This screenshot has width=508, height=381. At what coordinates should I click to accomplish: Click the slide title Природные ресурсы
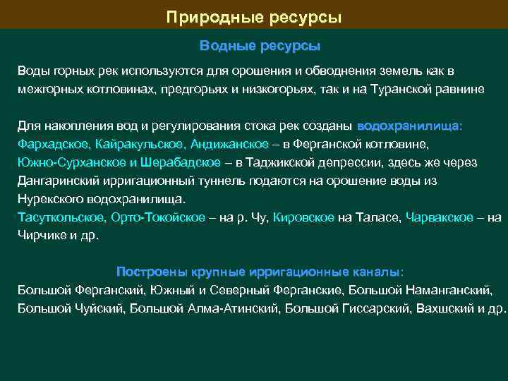coord(254,16)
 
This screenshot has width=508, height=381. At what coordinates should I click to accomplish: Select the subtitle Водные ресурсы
coord(260,46)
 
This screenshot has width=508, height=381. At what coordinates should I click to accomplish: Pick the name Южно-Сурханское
coord(63,162)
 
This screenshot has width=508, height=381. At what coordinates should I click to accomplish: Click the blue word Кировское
coord(303,217)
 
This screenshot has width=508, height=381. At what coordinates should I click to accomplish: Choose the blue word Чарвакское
coord(440,217)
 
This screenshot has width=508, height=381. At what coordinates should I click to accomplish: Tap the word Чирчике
coord(42,236)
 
